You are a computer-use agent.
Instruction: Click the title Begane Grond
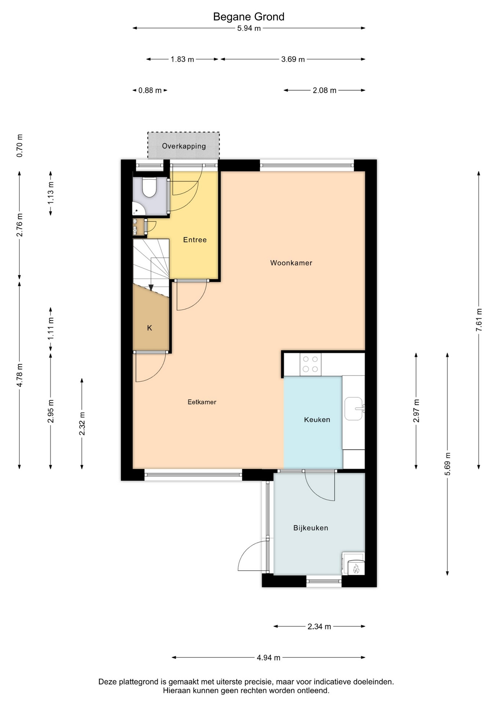[249, 17]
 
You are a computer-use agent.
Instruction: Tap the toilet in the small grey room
[149, 187]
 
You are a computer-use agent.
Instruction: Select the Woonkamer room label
[291, 263]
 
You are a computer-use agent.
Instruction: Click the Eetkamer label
[202, 402]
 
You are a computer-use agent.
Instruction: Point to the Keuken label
[317, 419]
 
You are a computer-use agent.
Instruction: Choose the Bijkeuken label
[311, 528]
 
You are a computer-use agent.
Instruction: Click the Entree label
[195, 240]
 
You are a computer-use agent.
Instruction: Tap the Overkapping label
[184, 146]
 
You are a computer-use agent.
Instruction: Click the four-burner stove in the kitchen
[310, 364]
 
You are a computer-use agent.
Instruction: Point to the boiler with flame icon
[354, 564]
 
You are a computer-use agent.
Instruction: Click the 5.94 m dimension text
[249, 28]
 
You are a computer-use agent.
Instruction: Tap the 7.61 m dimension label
[479, 320]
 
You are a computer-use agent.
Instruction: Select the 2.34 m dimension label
[319, 626]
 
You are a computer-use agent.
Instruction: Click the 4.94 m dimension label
[268, 657]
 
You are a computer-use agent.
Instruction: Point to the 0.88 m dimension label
[150, 90]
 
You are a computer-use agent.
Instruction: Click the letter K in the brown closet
[149, 328]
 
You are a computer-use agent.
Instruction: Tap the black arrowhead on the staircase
[151, 287]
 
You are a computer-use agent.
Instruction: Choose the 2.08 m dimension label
[325, 90]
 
